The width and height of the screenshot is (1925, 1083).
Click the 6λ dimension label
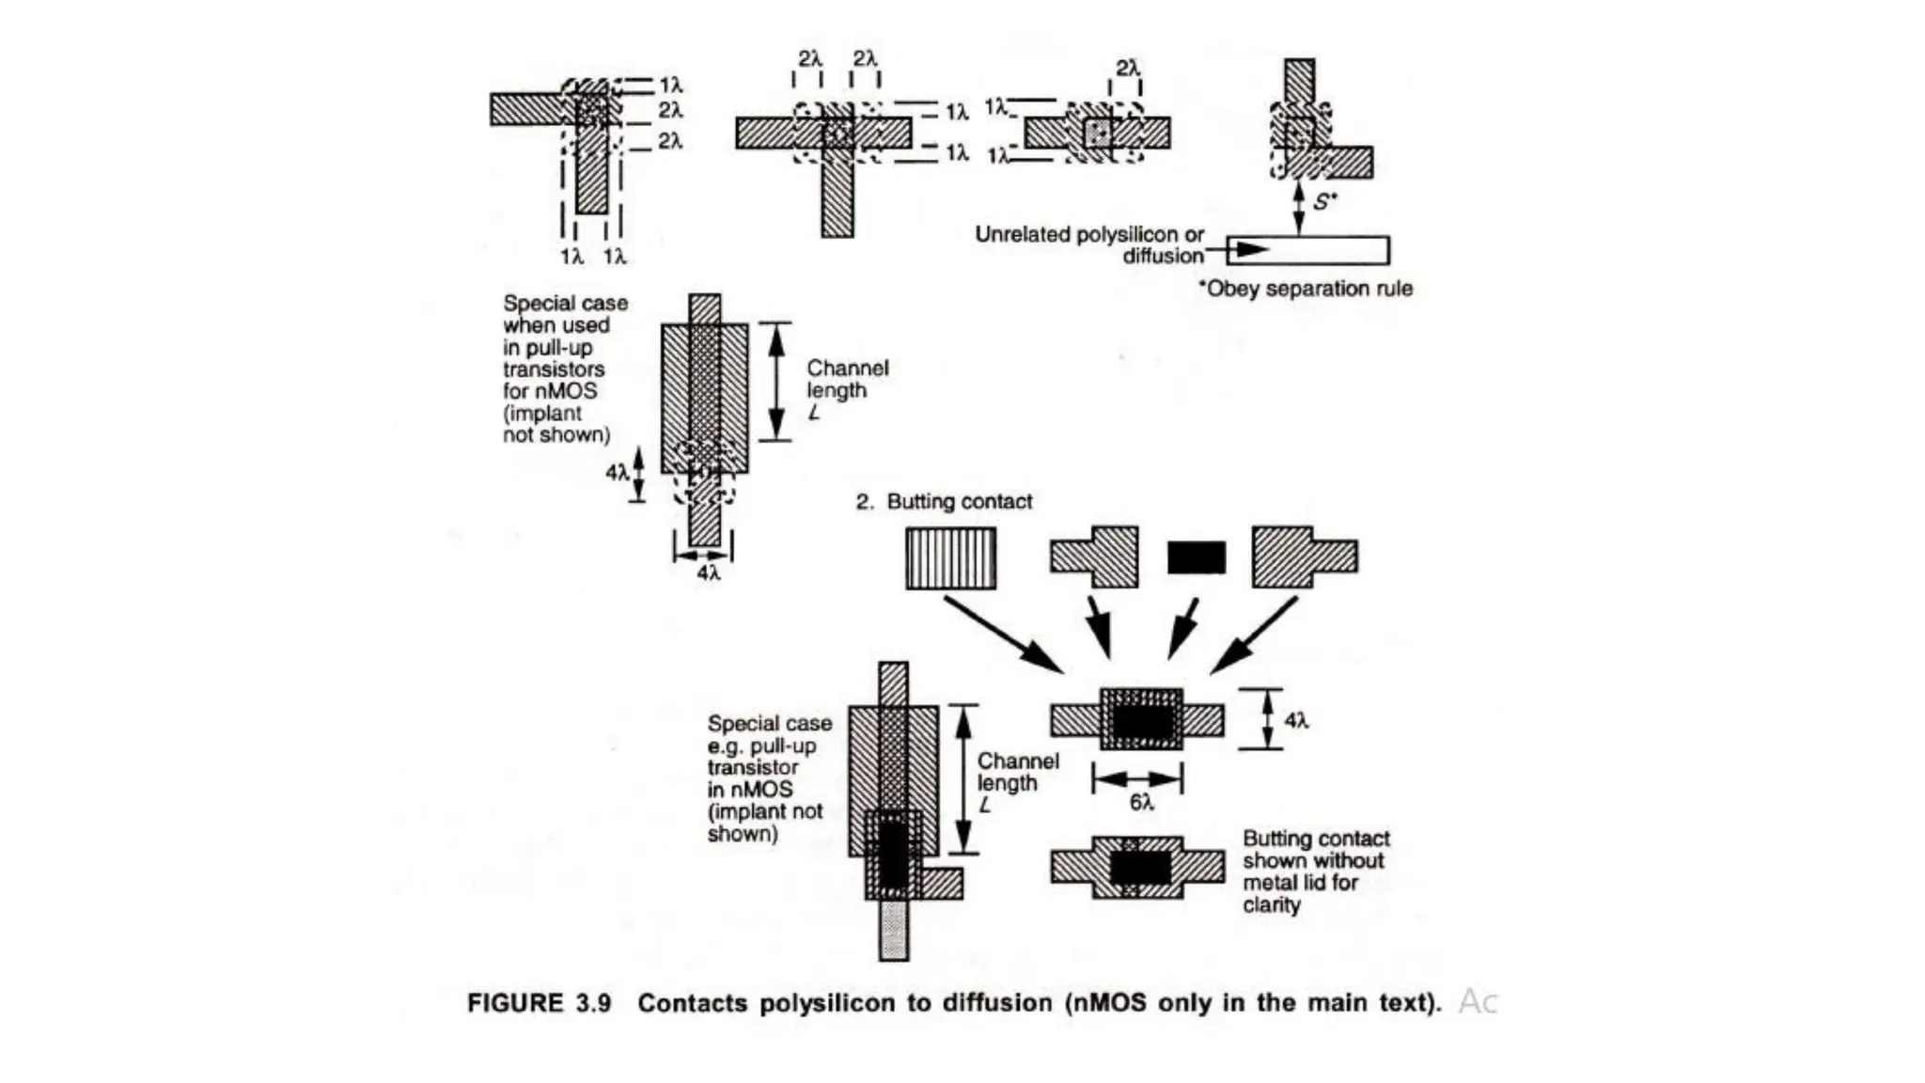pyautogui.click(x=1141, y=802)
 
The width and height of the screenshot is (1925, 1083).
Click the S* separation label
pyautogui.click(x=1324, y=201)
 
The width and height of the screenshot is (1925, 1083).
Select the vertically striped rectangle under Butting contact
pyautogui.click(x=950, y=557)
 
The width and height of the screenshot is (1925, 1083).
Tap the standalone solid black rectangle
pyautogui.click(x=1196, y=557)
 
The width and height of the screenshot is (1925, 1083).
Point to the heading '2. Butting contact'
pyautogui.click(x=944, y=502)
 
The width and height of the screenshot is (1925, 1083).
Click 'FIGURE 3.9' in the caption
pyautogui.click(x=539, y=1003)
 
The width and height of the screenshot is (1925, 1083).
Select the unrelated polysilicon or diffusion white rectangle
pyautogui.click(x=1335, y=250)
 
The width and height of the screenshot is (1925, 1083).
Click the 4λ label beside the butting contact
pyautogui.click(x=1296, y=721)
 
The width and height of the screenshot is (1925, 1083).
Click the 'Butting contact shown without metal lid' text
pyautogui.click(x=1314, y=871)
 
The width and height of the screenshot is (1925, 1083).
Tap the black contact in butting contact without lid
pyautogui.click(x=1140, y=867)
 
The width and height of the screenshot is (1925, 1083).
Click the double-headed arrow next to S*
pyautogui.click(x=1298, y=209)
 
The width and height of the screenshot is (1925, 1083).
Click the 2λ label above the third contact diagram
pyautogui.click(x=1127, y=69)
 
